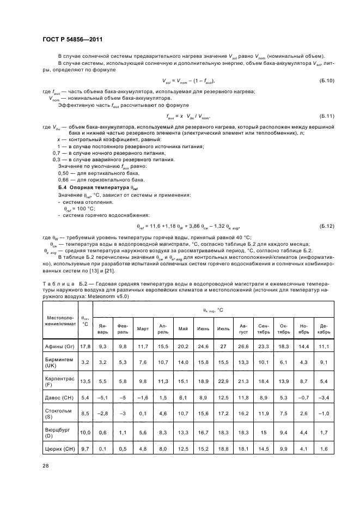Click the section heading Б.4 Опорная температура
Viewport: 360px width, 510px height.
(x=87, y=187)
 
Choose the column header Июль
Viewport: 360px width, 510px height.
(x=223, y=329)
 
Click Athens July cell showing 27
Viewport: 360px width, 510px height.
(x=223, y=346)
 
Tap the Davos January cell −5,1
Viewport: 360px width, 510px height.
(x=103, y=399)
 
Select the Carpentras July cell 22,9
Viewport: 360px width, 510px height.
(x=223, y=381)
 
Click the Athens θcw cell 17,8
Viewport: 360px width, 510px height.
(x=85, y=346)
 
